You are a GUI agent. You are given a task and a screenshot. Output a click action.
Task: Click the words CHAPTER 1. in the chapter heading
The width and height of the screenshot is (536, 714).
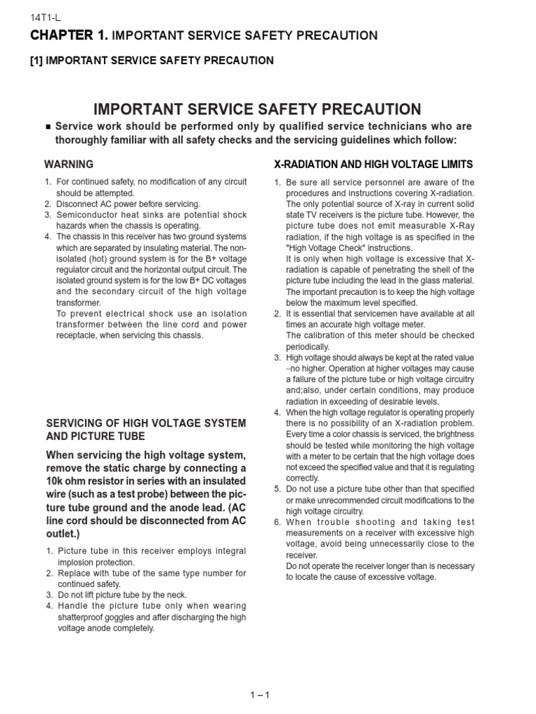(70, 35)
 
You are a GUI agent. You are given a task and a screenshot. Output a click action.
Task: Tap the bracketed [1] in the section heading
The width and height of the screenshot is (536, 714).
(36, 61)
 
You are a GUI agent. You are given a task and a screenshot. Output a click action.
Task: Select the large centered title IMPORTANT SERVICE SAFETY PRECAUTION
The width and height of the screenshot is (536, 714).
(258, 109)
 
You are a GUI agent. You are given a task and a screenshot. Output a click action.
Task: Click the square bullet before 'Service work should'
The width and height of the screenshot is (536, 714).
(47, 127)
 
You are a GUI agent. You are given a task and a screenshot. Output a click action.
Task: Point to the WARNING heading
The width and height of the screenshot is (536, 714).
(68, 165)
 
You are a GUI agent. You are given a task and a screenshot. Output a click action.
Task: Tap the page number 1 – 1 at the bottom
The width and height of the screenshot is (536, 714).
(260, 694)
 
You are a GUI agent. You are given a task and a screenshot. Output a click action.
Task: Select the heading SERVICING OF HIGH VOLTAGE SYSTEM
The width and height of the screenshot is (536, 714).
(145, 423)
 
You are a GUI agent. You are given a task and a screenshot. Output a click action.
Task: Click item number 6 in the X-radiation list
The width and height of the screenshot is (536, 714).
(277, 522)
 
